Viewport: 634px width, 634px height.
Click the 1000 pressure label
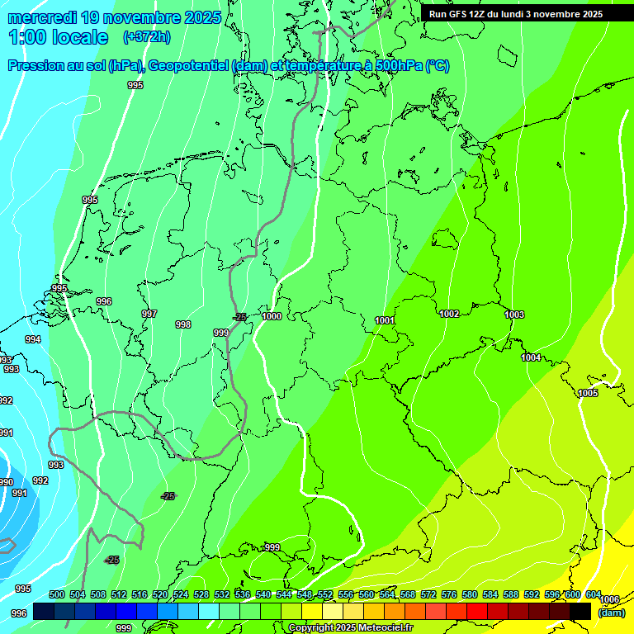(272, 316)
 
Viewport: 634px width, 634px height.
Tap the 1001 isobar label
(385, 320)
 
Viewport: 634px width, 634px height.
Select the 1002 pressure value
(449, 314)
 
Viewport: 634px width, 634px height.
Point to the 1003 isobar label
(514, 315)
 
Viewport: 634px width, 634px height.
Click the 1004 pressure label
(532, 357)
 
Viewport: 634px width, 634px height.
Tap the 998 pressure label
(183, 324)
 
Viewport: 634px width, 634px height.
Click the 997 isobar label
(149, 314)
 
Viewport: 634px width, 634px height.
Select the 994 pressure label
(33, 339)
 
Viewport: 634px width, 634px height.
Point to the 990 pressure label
(6, 482)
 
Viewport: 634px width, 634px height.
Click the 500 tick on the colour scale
(57, 594)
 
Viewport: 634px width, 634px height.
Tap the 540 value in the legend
(263, 594)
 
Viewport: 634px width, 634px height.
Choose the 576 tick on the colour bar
(449, 594)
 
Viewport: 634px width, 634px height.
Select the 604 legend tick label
(594, 594)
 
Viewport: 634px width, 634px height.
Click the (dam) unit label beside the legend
(611, 612)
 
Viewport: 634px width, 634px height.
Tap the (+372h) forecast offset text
(146, 37)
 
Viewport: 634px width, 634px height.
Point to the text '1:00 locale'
(59, 37)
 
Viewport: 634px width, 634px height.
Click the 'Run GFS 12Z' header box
(516, 14)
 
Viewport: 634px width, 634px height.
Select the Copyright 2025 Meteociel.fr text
(351, 628)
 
